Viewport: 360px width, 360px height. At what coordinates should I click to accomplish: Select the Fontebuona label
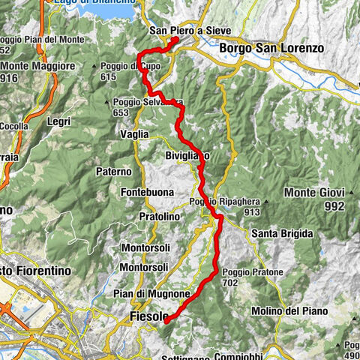coord(147,193)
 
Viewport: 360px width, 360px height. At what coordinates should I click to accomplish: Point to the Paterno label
coord(113,171)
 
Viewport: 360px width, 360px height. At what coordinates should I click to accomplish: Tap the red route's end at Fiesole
coord(166,319)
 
